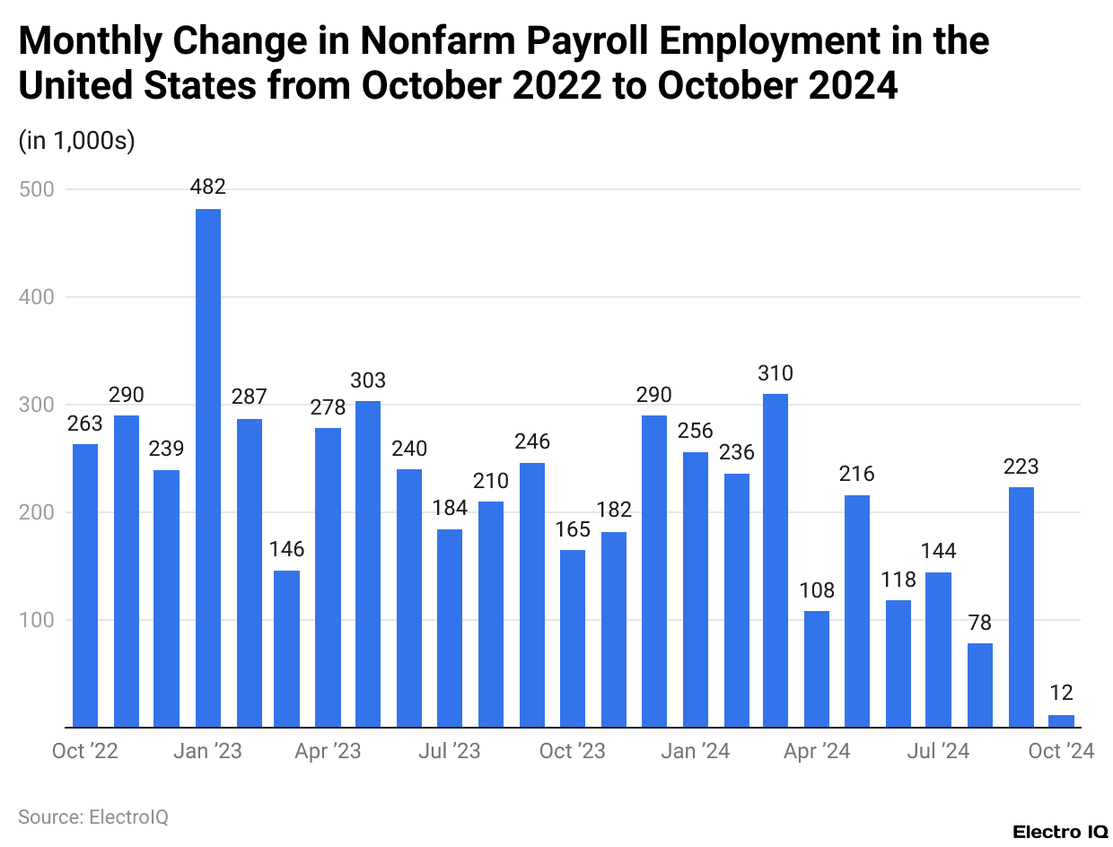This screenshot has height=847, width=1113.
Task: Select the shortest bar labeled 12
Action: (1062, 720)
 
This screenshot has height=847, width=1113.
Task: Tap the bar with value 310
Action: (776, 560)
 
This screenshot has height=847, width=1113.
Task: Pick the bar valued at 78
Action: (981, 685)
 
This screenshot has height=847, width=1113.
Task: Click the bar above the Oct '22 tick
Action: (85, 585)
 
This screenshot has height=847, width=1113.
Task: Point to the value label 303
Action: (368, 380)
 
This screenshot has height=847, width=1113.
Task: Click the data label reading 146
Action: (287, 549)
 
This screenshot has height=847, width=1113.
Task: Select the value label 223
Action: (1021, 467)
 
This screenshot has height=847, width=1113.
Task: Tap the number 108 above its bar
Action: (817, 590)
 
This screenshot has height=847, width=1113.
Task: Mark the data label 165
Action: (573, 529)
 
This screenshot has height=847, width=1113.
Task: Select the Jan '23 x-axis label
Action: (208, 751)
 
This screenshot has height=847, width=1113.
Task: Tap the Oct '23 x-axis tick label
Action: (573, 751)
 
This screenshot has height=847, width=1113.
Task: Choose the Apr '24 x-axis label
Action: (817, 751)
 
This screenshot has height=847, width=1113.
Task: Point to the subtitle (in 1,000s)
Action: (76, 141)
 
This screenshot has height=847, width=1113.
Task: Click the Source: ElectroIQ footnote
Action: (93, 817)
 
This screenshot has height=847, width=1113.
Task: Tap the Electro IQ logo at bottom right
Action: (1060, 832)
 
